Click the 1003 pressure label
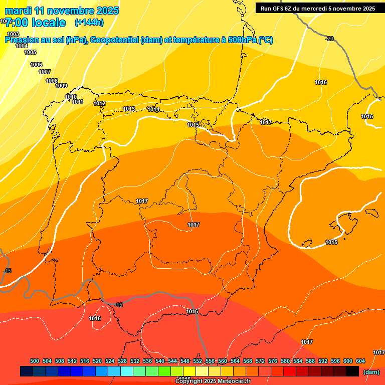pos(13,34)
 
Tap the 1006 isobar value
pos(36,65)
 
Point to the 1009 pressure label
pos(61,86)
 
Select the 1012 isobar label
pos(99,104)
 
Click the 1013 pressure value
pos(129,109)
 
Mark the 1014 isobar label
pos(153,109)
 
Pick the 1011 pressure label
pos(77,102)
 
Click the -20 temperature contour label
pos(329,39)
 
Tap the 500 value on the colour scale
pos(35,361)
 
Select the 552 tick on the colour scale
pos(198,361)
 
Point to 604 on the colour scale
pos(360,361)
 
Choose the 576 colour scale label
pos(273,361)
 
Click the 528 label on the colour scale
pos(122,361)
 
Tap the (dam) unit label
pos(371,372)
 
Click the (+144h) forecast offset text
pos(89,22)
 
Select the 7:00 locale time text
pos(35,23)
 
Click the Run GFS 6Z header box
pos(318,8)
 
